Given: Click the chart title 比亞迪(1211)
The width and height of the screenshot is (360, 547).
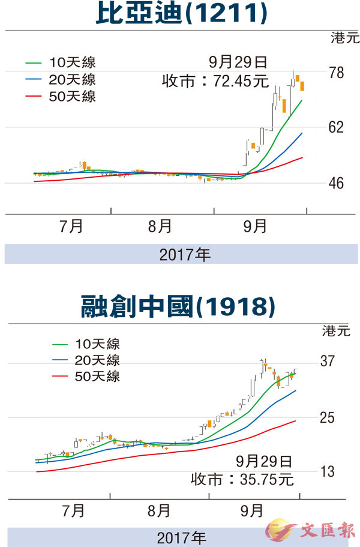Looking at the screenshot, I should point(179,15).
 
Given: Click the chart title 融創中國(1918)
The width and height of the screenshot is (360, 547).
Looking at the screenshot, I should point(179,306).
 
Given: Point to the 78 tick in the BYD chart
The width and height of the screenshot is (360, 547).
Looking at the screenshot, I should point(337,73).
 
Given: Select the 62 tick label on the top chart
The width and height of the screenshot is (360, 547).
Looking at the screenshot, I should point(337,127).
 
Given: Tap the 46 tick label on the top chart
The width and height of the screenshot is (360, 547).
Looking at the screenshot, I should point(337,183).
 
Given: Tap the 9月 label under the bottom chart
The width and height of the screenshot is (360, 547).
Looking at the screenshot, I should point(251,511).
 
